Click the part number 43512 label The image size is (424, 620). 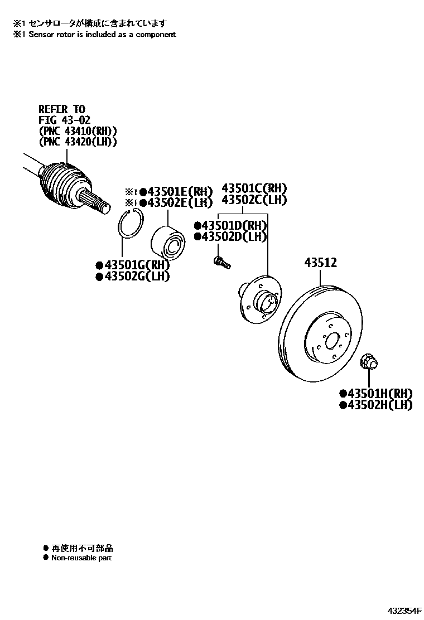pos(320,263)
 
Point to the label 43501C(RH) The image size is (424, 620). pos(254,188)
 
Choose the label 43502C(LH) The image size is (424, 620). pos(254,199)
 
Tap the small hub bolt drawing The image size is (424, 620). pos(221,261)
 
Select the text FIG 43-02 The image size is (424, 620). pos(64,120)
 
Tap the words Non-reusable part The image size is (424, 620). pos(81,558)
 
